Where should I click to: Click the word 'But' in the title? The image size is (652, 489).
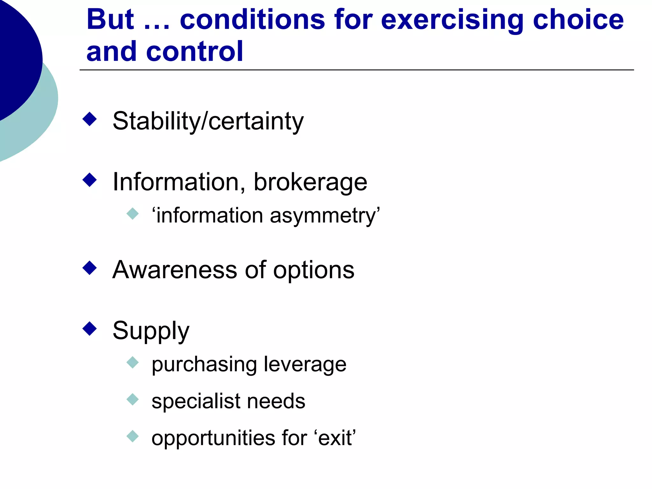point(110,20)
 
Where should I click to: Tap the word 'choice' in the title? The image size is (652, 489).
point(578,20)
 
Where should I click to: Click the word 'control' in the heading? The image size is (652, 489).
point(195,52)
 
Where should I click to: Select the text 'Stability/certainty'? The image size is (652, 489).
point(208,121)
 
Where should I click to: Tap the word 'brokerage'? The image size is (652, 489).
point(310,182)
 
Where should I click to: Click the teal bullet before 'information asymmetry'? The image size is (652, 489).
point(133,214)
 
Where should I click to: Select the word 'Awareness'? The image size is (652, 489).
point(175,270)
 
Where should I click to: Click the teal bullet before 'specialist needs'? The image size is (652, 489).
point(133,399)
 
